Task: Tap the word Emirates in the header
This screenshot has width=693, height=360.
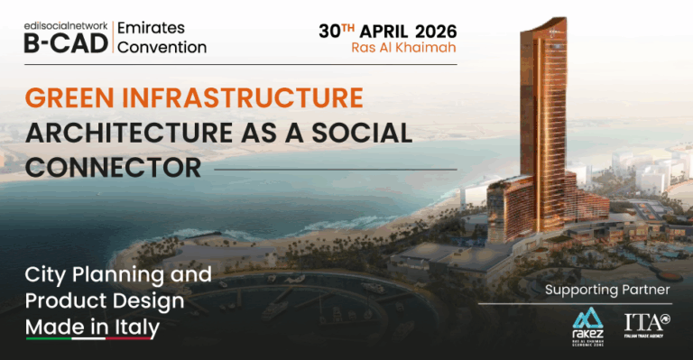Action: coord(155,27)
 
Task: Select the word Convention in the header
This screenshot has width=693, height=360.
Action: coord(164,46)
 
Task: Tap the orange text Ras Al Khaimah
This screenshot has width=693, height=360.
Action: coord(403,48)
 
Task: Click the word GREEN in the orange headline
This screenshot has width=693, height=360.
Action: coord(73,97)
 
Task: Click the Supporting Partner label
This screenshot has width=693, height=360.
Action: coord(607,290)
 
